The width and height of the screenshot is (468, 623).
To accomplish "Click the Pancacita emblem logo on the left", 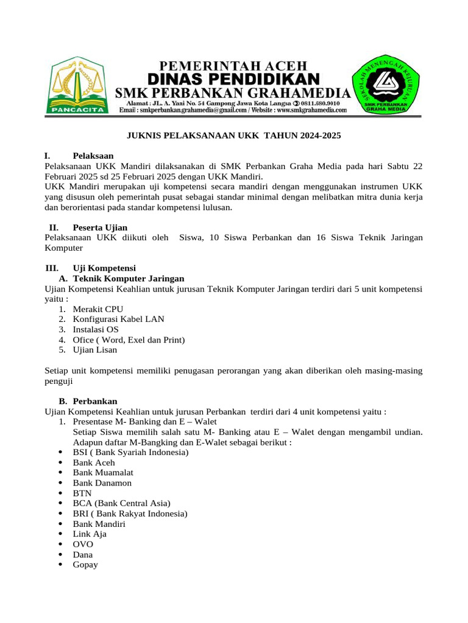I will [x=78, y=86].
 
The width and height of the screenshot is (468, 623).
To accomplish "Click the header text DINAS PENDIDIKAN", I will [x=234, y=78].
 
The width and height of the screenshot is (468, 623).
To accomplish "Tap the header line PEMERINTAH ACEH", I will [x=234, y=64].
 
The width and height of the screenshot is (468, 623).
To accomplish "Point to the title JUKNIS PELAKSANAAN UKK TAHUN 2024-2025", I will [x=234, y=136].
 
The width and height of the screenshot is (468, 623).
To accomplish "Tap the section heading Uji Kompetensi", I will [x=104, y=268].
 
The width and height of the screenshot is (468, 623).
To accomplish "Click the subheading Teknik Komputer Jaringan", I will [x=128, y=278].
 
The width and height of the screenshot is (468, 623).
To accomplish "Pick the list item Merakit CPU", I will [x=97, y=309].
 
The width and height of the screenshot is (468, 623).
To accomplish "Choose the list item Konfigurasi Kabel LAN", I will [x=118, y=319].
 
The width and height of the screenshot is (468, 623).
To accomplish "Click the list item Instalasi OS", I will [x=96, y=329].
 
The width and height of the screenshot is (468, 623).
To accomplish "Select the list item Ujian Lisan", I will [x=94, y=350].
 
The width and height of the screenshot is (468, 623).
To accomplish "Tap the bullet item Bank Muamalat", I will [x=103, y=473].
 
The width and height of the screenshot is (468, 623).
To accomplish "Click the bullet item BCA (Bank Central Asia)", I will [x=121, y=503].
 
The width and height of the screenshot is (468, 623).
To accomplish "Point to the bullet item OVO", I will [x=83, y=545].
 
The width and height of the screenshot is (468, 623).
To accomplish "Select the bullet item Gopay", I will [x=85, y=565].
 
